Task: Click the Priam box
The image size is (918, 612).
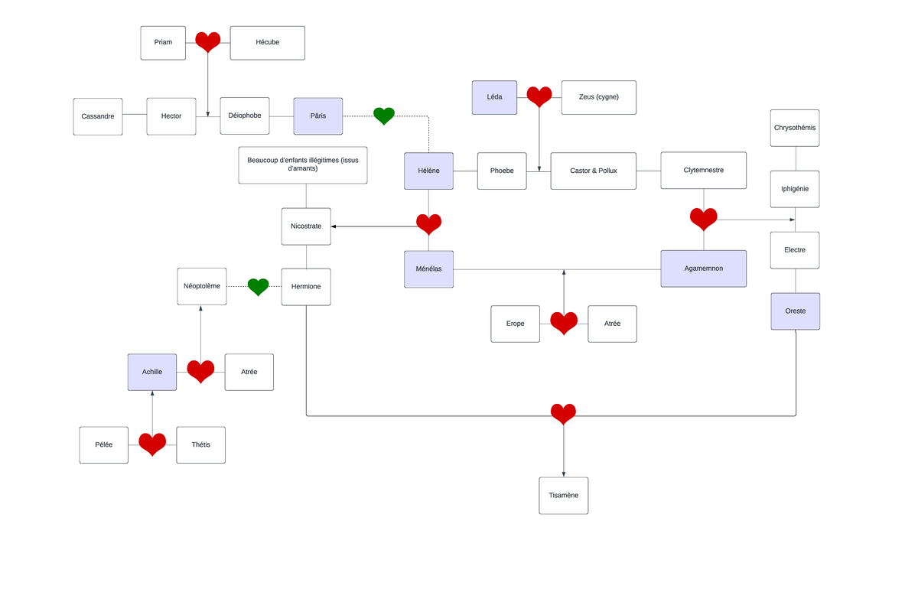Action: (x=163, y=43)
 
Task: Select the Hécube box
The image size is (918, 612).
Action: (x=267, y=43)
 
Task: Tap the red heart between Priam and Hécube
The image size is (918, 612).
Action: (x=208, y=42)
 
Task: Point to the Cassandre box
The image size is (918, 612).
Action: (x=98, y=116)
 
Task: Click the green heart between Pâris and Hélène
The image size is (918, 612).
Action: (x=384, y=116)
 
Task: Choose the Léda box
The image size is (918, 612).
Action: (x=494, y=97)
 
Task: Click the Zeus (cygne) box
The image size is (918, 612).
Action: (x=599, y=97)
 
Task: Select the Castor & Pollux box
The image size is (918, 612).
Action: (x=594, y=171)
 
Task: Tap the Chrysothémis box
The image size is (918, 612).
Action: (x=795, y=128)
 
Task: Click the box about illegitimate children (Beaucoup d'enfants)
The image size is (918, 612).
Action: (x=303, y=165)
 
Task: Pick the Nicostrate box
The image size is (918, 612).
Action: (x=306, y=226)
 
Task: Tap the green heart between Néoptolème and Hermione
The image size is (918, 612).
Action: (x=259, y=287)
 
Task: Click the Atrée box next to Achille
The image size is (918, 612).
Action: (x=249, y=373)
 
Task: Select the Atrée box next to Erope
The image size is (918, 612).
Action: (x=612, y=324)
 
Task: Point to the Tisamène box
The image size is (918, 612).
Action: (x=564, y=496)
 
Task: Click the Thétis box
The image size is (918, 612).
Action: (x=200, y=445)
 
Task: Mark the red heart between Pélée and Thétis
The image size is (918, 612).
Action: (x=152, y=444)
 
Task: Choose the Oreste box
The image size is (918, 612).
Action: (x=796, y=311)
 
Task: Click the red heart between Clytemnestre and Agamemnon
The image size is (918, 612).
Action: (x=704, y=219)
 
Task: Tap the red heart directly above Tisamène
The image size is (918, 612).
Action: (x=564, y=414)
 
